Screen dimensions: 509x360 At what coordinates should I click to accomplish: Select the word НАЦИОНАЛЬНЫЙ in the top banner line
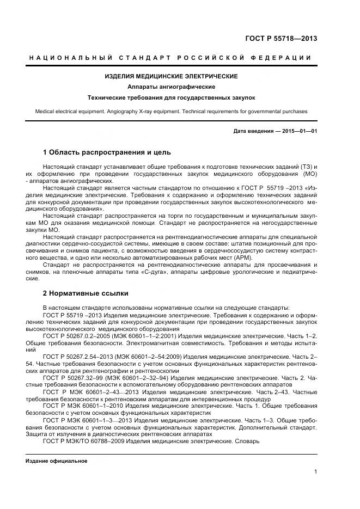[x=70, y=58]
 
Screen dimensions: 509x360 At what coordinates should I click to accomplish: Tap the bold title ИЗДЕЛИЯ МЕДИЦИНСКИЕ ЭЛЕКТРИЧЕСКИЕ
[x=171, y=76]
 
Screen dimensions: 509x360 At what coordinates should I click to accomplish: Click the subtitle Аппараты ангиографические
[x=171, y=87]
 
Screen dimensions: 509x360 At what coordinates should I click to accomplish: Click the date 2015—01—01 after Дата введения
[x=300, y=132]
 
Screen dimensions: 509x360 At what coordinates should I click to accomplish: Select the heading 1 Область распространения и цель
[x=107, y=152]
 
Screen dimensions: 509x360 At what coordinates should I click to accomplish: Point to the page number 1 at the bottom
[x=316, y=472]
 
